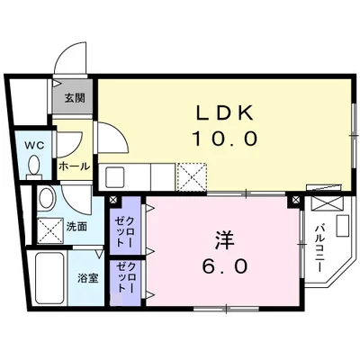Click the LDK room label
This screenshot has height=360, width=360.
point(224,112)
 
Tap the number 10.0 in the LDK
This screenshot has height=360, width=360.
point(225,139)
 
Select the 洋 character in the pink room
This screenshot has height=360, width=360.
point(224,240)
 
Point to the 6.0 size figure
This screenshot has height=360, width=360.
point(225,266)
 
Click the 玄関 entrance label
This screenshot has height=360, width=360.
point(75,98)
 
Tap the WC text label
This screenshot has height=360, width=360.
point(34,145)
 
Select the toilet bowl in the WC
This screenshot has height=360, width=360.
point(33,166)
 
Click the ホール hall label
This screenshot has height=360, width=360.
point(74,166)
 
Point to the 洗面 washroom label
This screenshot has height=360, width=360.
point(76,227)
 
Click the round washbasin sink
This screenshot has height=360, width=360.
point(48,198)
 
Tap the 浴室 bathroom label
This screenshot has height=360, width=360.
point(87,278)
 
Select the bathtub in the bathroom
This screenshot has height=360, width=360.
point(49,278)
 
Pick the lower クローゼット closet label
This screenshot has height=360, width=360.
point(125,277)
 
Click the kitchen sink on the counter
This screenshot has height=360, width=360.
point(115,177)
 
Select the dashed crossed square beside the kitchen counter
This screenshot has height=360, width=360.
point(192,176)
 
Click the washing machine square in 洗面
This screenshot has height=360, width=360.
point(50,230)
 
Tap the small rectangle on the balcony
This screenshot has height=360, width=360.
point(343,226)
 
